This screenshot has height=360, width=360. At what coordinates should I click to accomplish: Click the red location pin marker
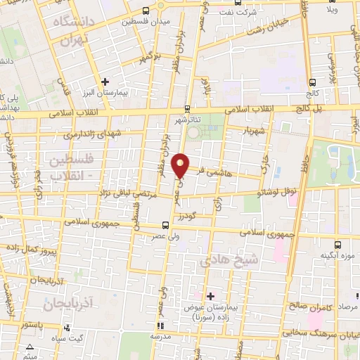tap(181, 165)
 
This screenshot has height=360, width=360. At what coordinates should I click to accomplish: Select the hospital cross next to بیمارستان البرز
tap(105, 81)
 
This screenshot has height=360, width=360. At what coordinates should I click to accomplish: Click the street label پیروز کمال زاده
tap(29, 250)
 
